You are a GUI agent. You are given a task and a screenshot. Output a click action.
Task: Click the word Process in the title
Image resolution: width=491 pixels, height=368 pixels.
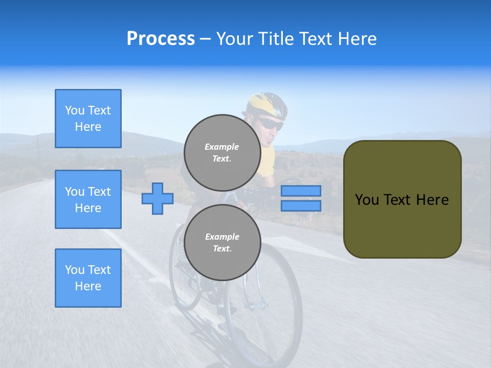161,39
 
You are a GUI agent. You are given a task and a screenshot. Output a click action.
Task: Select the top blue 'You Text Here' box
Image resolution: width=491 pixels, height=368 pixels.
88,119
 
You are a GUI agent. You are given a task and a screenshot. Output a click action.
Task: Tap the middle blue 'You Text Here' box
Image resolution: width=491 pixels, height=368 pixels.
88,199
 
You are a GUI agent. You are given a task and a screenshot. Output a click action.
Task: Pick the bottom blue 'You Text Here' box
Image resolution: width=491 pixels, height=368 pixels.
88,278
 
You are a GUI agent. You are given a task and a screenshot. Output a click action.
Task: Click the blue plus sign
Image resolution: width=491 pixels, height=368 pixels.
157,198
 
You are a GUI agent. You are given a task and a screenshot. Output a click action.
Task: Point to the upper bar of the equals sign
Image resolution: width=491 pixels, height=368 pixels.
301,191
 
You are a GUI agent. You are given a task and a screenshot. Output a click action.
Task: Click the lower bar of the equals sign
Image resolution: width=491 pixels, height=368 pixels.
301,205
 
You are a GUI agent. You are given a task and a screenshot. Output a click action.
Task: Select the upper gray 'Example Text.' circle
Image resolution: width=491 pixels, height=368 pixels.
222,152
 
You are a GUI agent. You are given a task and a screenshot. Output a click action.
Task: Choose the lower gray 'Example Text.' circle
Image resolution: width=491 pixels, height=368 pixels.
222,242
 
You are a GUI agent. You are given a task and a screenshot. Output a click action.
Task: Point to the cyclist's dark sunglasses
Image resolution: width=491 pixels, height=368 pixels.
271,124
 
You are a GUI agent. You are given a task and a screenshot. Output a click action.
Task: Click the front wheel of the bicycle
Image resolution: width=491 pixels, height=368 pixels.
266,307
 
